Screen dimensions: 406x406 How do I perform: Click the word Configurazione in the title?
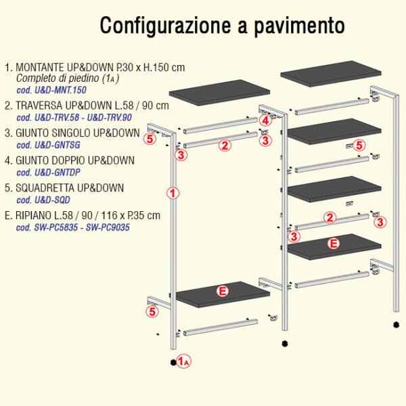point(165,26)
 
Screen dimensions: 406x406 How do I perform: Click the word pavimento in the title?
point(299,26)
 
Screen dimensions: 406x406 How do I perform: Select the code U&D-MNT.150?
point(61,90)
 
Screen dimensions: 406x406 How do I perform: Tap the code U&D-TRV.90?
point(109,118)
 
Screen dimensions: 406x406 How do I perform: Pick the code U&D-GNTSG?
point(58,145)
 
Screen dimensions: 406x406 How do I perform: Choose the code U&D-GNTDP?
point(58,173)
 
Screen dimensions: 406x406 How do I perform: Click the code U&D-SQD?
point(52,200)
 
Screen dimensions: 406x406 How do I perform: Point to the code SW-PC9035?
point(108,227)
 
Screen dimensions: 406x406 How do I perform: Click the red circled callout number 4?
point(265,120)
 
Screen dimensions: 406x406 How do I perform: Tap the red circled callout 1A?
point(184,361)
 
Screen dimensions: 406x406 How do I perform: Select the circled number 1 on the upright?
point(173,193)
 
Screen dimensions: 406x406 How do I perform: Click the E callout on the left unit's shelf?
point(223,291)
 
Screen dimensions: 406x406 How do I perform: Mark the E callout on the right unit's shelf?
point(334,244)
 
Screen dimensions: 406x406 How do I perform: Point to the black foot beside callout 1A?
point(173,363)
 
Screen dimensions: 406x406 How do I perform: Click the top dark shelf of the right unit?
point(331,74)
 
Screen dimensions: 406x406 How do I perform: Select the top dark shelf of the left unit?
point(219,93)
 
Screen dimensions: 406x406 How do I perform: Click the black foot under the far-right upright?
point(396,325)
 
